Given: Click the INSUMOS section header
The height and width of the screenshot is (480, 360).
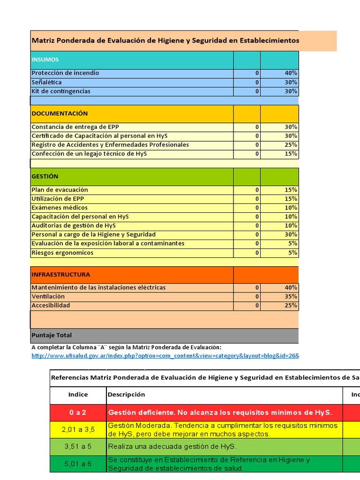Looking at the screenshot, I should click(45, 60).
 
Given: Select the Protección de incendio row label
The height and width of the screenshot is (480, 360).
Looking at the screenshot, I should click(65, 73).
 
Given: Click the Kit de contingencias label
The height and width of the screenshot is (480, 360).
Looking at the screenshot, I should click(61, 91).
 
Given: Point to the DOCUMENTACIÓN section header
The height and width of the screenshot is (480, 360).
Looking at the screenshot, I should click(60, 113).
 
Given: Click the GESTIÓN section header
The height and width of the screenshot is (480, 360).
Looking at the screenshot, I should click(45, 176).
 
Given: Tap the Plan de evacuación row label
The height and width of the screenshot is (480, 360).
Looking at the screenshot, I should click(60, 190).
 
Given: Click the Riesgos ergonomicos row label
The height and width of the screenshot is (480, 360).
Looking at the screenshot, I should click(62, 253).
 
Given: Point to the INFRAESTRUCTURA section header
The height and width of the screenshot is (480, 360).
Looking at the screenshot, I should click(61, 274).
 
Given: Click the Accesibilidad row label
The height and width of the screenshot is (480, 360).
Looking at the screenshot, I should click(51, 305).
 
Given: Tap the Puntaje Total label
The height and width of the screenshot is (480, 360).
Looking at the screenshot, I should click(52, 335).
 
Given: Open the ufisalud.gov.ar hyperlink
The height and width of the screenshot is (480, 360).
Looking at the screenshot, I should click(164, 356).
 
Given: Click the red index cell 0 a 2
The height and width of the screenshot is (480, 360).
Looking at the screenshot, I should click(78, 412).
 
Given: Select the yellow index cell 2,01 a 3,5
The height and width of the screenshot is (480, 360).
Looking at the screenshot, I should click(78, 429).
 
